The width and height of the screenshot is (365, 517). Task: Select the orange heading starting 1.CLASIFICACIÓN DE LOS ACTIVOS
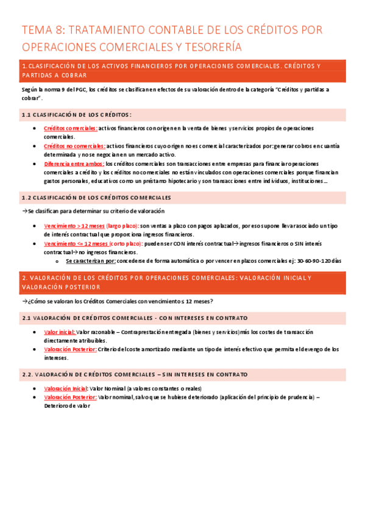point(171,66)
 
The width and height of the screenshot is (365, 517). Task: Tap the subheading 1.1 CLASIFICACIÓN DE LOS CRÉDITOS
point(77,115)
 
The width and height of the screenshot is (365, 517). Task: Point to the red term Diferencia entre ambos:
point(74,164)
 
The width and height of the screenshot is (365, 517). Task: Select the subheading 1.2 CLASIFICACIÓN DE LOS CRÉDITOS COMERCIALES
point(96,198)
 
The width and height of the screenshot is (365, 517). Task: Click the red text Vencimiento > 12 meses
point(74,226)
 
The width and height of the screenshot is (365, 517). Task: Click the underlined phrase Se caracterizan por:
point(91,261)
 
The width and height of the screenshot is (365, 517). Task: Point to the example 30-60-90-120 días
point(319,261)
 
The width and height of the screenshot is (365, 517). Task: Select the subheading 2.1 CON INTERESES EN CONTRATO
point(135,318)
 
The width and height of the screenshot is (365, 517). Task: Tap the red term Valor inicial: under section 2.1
point(60,332)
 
